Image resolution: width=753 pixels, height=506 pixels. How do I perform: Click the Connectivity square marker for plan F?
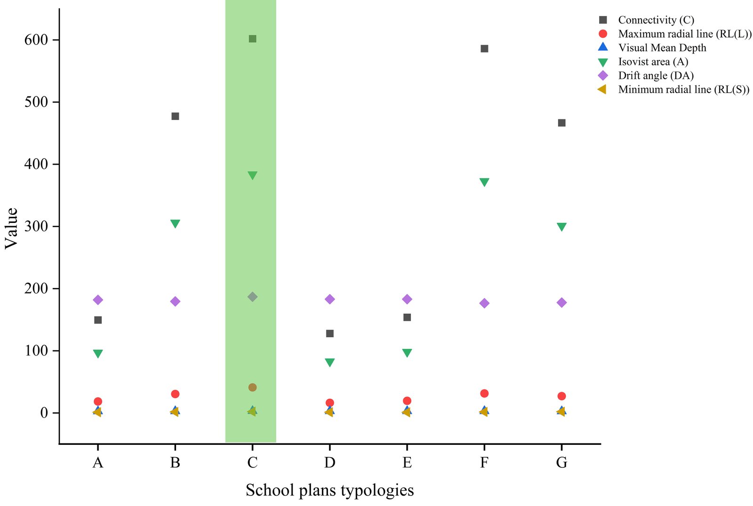coord(484,49)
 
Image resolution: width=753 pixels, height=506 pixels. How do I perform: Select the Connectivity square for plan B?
coord(175,116)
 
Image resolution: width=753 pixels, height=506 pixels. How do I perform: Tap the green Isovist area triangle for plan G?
coord(561,227)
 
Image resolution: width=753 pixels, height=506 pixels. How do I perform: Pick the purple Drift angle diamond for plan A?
coord(98,300)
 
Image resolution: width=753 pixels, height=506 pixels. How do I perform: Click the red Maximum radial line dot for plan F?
coord(484,394)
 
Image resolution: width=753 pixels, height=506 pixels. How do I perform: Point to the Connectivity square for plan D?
coord(330,333)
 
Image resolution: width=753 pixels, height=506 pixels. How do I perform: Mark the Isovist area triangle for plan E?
coord(407,353)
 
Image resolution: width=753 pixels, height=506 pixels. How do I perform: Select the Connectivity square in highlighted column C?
coord(252,39)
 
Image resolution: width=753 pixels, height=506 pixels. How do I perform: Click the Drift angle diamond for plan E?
coord(407,299)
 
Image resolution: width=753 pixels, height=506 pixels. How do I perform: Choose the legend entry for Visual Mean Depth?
coord(662,47)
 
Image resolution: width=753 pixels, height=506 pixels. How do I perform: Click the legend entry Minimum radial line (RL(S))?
coord(683,89)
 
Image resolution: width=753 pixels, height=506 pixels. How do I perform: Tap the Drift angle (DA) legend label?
coord(656,75)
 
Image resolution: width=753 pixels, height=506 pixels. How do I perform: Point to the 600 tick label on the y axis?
coord(36,40)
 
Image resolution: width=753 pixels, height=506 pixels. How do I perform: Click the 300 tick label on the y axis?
coord(36,226)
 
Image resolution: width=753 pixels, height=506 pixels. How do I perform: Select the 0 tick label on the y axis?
coord(44,413)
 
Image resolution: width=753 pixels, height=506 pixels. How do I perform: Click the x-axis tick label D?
coord(330,463)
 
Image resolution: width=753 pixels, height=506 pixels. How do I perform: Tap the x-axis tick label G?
coord(561,463)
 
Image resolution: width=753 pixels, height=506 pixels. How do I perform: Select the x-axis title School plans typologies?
coord(329,490)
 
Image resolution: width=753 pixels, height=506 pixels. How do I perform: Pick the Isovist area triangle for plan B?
coord(175,223)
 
